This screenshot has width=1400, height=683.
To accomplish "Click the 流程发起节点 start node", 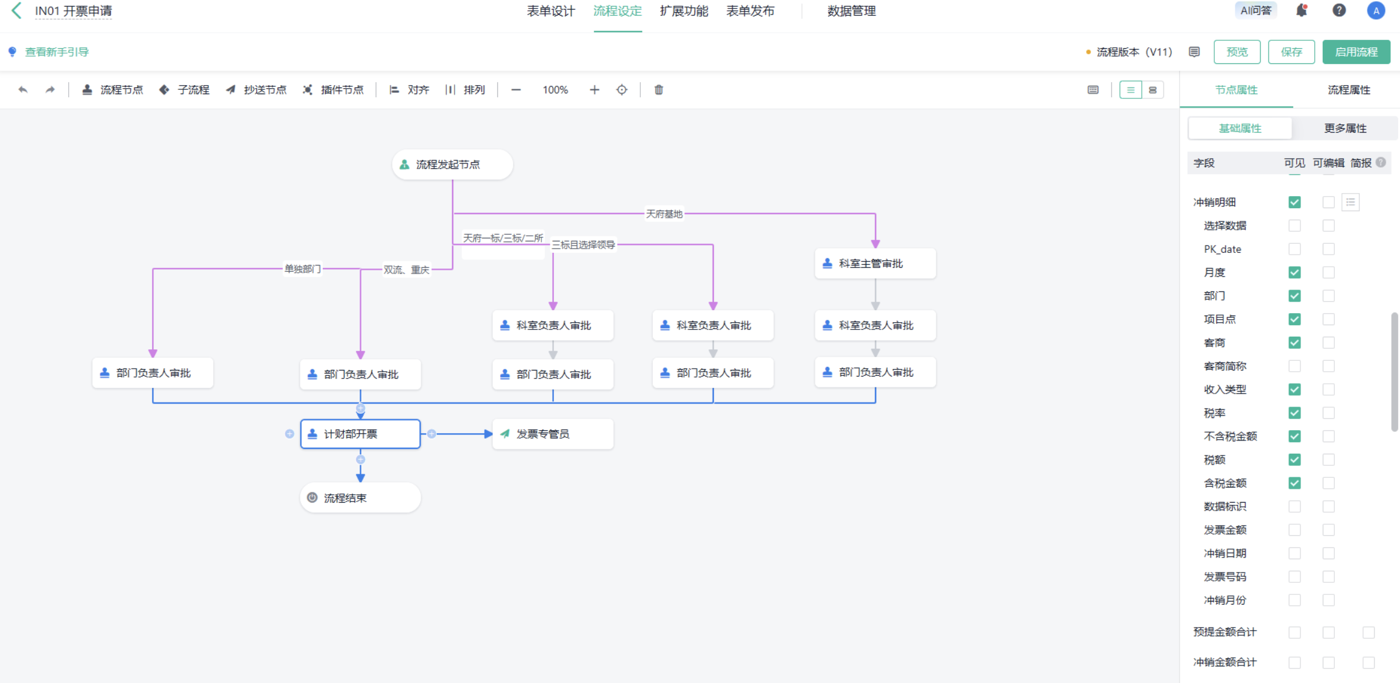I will pos(452,164).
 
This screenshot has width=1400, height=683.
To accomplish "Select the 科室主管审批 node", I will pos(874,264).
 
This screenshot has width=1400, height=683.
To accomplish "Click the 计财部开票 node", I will pos(360,434).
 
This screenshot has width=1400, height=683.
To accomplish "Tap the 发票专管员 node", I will pos(552,434).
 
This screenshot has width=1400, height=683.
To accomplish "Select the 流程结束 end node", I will pos(360,498).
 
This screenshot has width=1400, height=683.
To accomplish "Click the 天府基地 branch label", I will pos(664,214).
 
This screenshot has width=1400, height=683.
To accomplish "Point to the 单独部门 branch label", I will pos(302,268).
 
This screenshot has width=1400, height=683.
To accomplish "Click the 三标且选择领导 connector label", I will pos(583,244).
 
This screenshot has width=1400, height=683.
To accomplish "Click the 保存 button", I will pos(1291,52).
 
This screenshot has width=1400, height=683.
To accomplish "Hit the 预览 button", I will pos(1236,52).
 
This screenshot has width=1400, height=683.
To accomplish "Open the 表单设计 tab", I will pos(550,11).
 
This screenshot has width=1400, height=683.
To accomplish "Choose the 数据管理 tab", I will pos(851,11).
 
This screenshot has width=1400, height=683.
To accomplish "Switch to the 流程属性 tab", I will pos(1348,90).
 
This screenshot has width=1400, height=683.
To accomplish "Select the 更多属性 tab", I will pos(1344,128).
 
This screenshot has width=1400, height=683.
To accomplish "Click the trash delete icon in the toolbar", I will pos(658,90).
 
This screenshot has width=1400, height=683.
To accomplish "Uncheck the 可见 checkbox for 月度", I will pos(1294,272).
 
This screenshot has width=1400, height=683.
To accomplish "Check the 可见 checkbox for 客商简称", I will pos(1294,366).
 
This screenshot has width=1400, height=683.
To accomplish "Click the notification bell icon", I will pos(1302,11).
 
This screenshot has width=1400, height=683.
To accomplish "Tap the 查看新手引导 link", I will pos(56,52).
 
